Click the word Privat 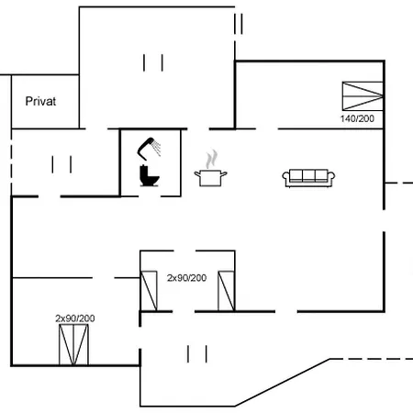coord(41,102)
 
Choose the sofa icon coord(307,177)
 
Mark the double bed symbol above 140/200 coord(361,95)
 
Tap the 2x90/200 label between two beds coord(186,277)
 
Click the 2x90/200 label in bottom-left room coord(74,318)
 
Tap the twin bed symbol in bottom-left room coord(76,344)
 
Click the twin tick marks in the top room coord(153,62)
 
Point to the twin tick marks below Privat coord(61,164)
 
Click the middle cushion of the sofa coord(307,175)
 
